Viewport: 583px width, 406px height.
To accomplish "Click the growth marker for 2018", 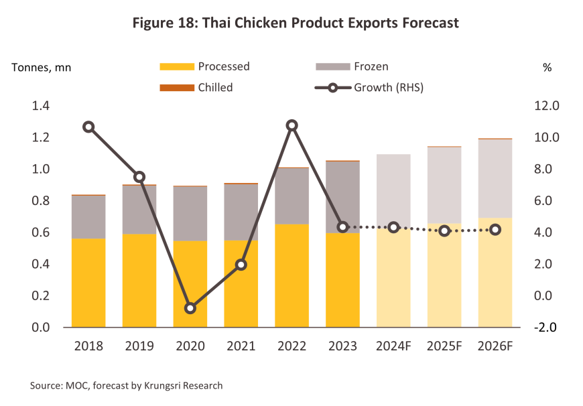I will pos(88,127).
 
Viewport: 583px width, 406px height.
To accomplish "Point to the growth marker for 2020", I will pos(190,308).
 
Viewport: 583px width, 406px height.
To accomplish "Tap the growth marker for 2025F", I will pos(444,230).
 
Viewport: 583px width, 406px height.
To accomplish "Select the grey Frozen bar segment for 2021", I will pos(241,212).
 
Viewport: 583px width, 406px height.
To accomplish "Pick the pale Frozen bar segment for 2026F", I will pos(495,178).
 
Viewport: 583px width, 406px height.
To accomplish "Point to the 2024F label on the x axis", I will pos(393,346).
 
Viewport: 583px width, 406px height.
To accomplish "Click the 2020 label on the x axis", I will pos(190,346).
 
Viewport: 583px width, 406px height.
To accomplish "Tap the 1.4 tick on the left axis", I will pos(42,106).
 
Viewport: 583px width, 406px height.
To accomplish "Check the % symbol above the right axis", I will pos(547,67).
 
